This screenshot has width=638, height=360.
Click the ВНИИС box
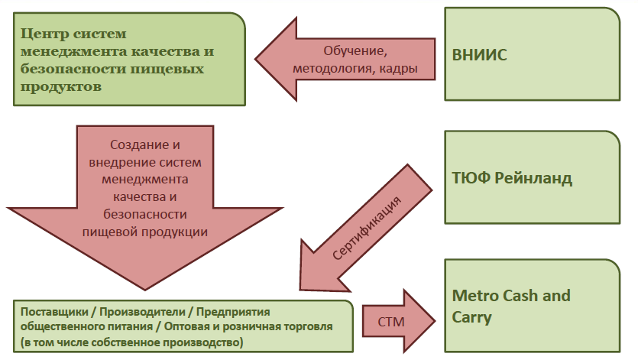click(x=532, y=55)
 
